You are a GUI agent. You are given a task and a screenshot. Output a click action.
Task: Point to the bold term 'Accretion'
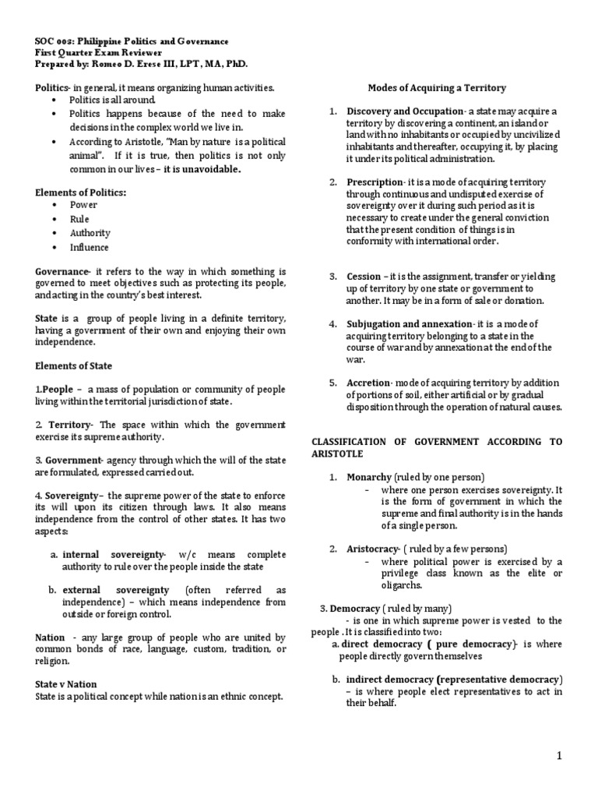tap(368, 383)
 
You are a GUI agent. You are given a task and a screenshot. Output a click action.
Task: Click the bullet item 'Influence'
tap(90, 247)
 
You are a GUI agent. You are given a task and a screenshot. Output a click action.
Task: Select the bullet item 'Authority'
tap(90, 233)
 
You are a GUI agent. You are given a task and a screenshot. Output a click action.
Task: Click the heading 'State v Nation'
tap(66, 684)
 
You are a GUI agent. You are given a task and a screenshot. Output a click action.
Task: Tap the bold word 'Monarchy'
tap(369, 476)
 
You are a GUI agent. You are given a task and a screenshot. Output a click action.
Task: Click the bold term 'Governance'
tap(62, 270)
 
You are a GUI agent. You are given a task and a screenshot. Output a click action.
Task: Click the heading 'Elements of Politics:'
tap(80, 192)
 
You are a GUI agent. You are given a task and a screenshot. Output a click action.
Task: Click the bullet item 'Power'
tap(84, 205)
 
